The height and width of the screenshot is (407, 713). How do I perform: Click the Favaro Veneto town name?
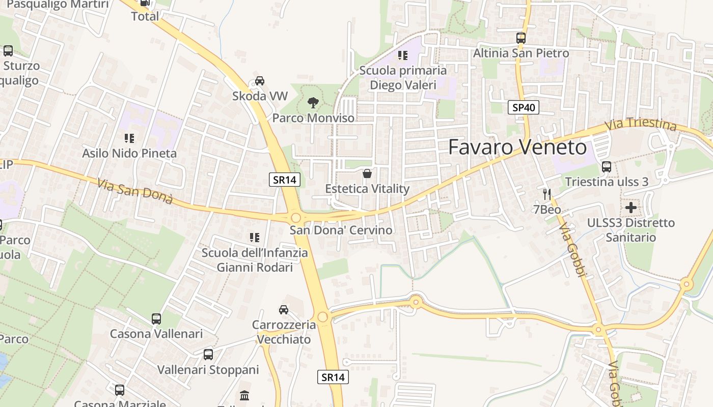pos(517,148)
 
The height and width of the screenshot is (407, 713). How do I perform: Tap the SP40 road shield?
pos(524,107)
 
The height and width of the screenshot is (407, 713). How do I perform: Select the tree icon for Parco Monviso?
pos(313,103)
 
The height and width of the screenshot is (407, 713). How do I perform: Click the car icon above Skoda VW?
pos(260,80)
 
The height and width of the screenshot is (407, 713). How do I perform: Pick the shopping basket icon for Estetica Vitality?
pos(367,173)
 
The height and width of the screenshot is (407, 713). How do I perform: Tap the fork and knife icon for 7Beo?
pos(547,194)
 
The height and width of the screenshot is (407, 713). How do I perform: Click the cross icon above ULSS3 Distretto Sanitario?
pos(631,207)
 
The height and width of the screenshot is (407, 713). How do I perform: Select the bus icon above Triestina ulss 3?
pos(607,166)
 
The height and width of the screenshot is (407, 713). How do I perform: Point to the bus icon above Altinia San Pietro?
pos(520,38)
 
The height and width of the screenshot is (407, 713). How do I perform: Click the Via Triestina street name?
pos(641,124)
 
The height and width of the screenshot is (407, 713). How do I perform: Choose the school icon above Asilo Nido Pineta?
pos(129,138)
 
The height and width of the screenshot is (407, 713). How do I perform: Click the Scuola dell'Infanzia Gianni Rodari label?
pos(255,260)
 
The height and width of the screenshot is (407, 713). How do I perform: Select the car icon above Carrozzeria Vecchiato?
pos(284,309)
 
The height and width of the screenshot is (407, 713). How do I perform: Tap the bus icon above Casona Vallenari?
pos(156,319)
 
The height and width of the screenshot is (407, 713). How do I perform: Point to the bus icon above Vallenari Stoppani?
pos(208,355)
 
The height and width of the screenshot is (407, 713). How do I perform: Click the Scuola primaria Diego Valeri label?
pos(403,77)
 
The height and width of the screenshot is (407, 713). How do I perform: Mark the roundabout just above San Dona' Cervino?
pos(296,218)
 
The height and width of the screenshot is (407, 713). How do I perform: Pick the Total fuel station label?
pos(145,16)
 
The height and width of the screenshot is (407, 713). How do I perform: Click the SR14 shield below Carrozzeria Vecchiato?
pos(334,377)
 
